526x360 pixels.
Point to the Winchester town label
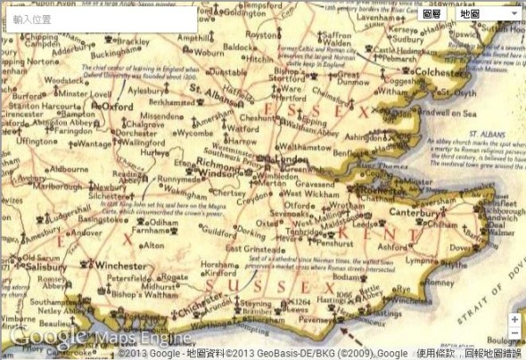click(120, 266)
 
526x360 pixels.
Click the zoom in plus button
click(514, 319)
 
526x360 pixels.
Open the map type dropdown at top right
click(488, 14)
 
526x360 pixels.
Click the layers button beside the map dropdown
click(432, 14)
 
